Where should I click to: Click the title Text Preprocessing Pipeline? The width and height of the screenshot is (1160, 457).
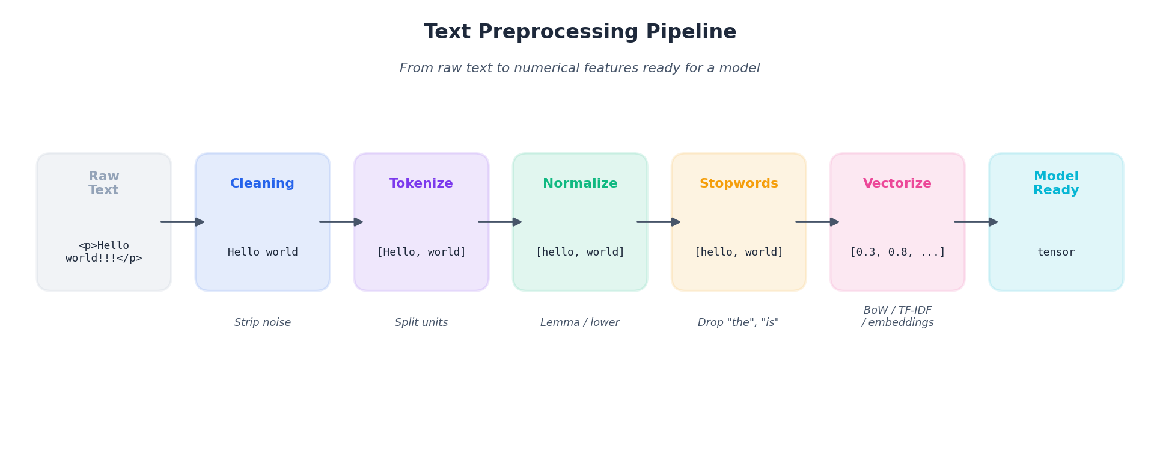point(579,32)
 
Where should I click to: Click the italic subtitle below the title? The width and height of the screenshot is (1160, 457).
point(579,69)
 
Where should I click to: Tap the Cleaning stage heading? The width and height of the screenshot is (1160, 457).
point(262,184)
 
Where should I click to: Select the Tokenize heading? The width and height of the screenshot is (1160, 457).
point(421,184)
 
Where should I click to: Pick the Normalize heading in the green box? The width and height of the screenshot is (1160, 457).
point(579,184)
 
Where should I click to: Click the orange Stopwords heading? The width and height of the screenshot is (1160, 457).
point(738,184)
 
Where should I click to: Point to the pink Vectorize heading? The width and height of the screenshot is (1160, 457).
point(897,184)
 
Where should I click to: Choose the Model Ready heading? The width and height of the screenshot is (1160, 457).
point(1055,183)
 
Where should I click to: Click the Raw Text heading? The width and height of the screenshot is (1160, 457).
point(103,183)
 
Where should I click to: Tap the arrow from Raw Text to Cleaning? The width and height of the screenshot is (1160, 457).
point(183,222)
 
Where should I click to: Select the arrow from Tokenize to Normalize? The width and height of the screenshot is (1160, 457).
point(500,222)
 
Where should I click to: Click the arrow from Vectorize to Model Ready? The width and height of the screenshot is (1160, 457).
point(976,222)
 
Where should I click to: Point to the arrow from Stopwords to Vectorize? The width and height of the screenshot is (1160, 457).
point(817,222)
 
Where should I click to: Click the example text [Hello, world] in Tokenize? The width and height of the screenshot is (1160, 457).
point(421,253)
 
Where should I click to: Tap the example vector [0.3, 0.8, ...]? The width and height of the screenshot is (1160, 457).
point(897,253)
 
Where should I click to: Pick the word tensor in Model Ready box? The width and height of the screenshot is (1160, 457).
point(1055,253)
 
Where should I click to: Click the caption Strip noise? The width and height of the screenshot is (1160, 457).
point(262,323)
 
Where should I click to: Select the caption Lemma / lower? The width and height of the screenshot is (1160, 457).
point(579,323)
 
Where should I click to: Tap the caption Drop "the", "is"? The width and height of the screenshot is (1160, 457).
point(738,323)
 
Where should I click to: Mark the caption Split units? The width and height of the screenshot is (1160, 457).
point(421,323)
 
